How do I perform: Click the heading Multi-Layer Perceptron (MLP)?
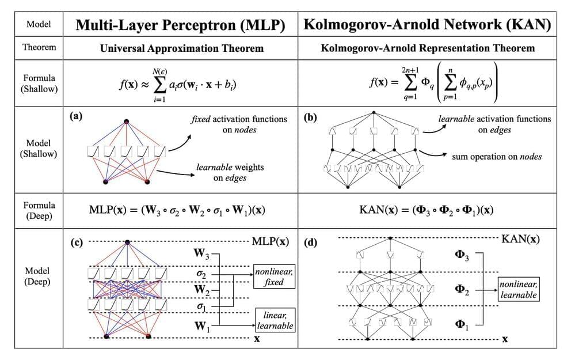pos(179,26)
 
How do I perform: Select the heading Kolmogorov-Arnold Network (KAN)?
pos(428,26)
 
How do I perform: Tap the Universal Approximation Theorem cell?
pos(179,48)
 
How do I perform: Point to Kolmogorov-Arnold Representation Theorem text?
pos(428,48)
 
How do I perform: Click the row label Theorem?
pos(39,48)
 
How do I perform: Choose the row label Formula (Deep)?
pos(39,210)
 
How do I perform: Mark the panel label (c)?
pos(75,241)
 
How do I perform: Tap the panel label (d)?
pos(310,242)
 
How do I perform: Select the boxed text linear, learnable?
pos(275,320)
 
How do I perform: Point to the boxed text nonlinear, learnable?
pos(518,289)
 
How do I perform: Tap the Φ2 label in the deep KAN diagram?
pos(462,292)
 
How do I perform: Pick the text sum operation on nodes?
pos(497,156)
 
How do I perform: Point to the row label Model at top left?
pos(39,25)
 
